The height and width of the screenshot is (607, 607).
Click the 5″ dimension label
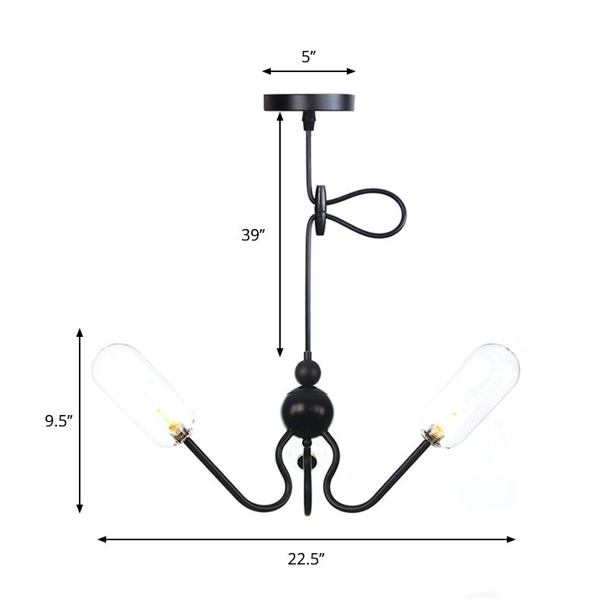tap(308, 56)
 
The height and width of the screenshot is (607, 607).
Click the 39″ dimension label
tap(252, 235)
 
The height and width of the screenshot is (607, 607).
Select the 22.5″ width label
tap(306, 560)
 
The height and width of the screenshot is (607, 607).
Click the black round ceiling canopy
tap(308, 102)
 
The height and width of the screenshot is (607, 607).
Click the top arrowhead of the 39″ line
tap(280, 116)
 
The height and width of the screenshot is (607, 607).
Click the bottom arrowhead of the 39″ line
tap(280, 354)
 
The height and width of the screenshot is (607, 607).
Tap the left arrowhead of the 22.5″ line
tap(102, 539)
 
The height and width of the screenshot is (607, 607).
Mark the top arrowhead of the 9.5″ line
tap(80, 332)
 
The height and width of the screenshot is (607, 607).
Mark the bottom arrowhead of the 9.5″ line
tap(80, 510)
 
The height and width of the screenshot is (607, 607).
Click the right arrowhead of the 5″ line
tap(352, 71)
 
